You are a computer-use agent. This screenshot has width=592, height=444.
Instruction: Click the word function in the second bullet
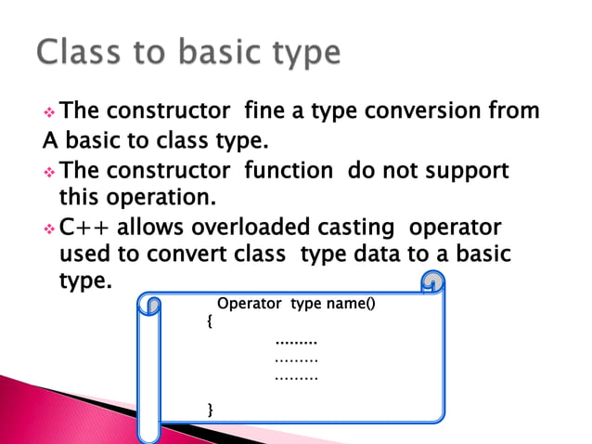click(288, 171)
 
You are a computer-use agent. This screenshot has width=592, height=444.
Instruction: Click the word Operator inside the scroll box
click(251, 304)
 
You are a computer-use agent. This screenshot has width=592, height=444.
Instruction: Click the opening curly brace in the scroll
click(210, 321)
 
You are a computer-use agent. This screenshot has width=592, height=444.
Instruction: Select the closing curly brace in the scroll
click(211, 408)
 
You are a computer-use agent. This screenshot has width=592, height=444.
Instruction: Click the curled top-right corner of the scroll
click(431, 282)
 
